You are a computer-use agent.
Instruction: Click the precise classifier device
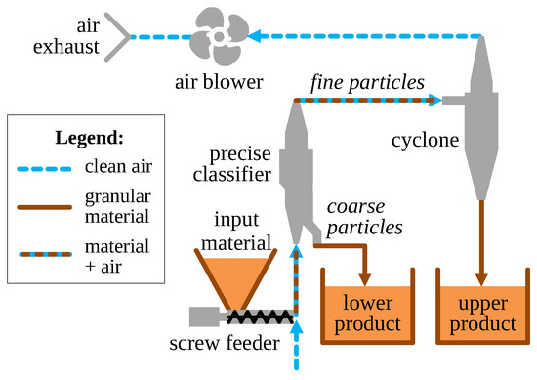pyautogui.click(x=296, y=171)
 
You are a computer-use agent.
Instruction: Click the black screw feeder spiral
pyautogui.click(x=259, y=316)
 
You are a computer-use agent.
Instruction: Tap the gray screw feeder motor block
pyautogui.click(x=208, y=316)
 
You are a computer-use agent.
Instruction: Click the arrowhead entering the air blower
pyautogui.click(x=256, y=37)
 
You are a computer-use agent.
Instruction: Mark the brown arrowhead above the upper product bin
pyautogui.click(x=480, y=277)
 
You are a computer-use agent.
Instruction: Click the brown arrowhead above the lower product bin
pyautogui.click(x=366, y=277)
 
